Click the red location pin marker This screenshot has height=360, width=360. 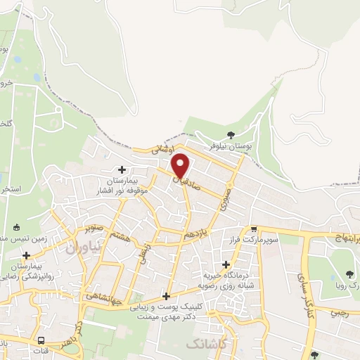click(x=181, y=165)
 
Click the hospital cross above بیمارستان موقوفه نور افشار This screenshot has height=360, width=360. click(x=122, y=169)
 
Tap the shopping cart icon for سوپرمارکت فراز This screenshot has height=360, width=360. click(x=254, y=229)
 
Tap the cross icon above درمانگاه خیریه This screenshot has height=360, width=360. click(x=226, y=264)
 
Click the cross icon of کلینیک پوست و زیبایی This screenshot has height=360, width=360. click(x=166, y=295)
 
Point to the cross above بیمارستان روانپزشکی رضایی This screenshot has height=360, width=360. click(x=27, y=255)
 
